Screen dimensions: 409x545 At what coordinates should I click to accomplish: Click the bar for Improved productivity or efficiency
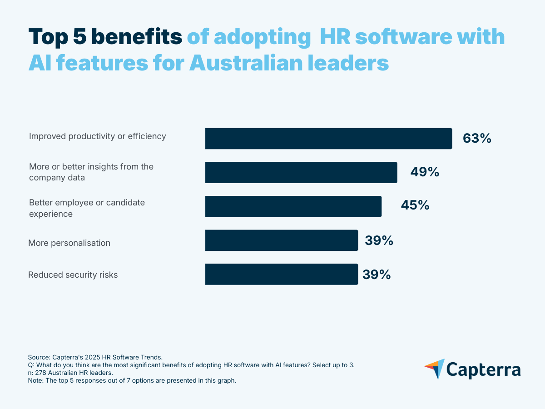[x=328, y=139]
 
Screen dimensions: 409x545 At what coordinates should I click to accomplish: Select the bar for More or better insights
[x=301, y=172]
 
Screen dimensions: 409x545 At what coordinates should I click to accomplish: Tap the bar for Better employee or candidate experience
[x=293, y=206]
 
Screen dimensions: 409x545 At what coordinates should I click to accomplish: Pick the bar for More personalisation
[x=282, y=240]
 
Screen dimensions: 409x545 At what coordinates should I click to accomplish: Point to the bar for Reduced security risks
[x=282, y=274]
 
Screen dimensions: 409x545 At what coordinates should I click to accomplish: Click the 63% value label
[x=477, y=139]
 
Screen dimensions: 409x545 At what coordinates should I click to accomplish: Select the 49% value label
[x=425, y=172]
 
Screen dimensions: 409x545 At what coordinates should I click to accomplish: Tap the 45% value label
[x=415, y=205]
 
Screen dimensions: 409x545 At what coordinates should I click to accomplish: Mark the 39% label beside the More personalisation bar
[x=379, y=240]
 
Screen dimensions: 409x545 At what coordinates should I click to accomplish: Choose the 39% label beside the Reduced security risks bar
[x=377, y=274]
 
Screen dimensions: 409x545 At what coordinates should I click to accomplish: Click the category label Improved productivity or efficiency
[x=98, y=136]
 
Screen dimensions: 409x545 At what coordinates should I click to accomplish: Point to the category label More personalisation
[x=69, y=243]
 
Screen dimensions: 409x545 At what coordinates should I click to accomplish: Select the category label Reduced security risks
[x=73, y=275]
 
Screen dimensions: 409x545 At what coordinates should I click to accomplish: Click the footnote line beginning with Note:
[x=132, y=381]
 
